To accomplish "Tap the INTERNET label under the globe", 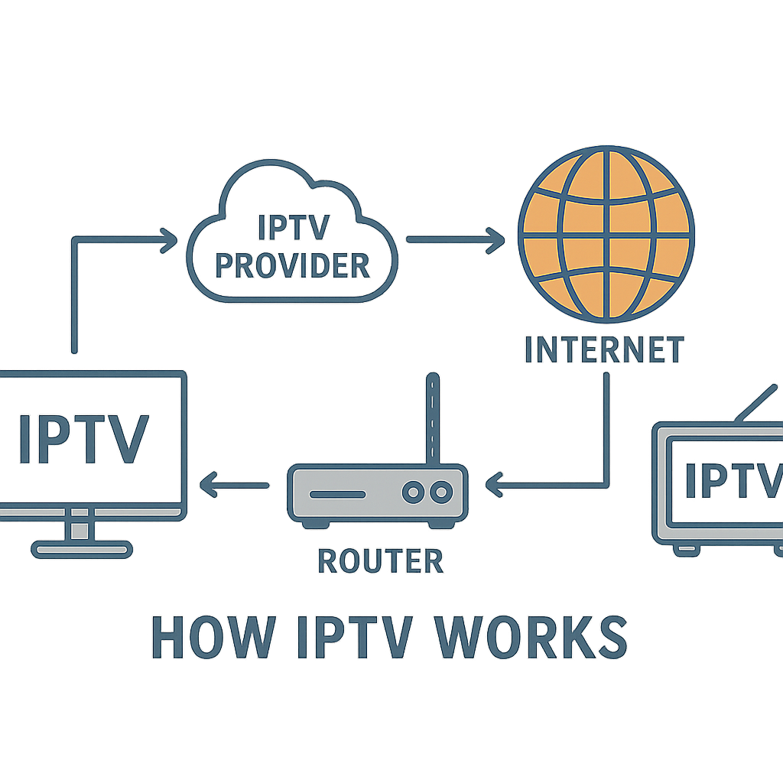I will pos(604,349).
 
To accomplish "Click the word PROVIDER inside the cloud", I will pos(293,265).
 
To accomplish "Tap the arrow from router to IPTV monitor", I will pos(234,484).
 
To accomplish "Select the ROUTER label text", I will pos(380,561).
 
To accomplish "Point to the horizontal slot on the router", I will pos(337,493).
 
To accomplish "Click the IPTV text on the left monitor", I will pos(83,440).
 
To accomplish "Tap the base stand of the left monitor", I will pos(82,548).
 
